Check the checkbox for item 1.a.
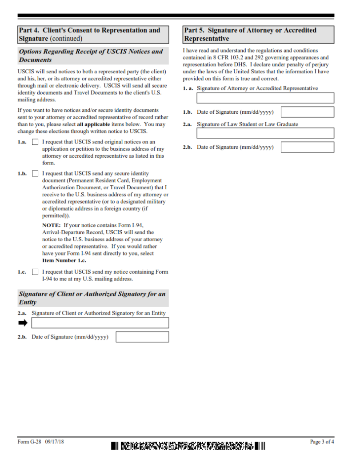point(35,142)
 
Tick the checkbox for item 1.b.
point(35,174)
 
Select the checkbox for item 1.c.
point(35,272)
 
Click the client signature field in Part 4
point(100,323)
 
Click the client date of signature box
point(142,337)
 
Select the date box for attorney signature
point(308,112)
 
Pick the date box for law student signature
point(308,147)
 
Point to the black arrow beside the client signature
point(23,323)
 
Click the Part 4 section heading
point(93,34)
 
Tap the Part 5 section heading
point(258,34)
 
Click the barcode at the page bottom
point(188,445)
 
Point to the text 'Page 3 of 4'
point(322,442)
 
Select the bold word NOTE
point(52,225)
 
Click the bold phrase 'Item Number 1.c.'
point(64,260)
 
